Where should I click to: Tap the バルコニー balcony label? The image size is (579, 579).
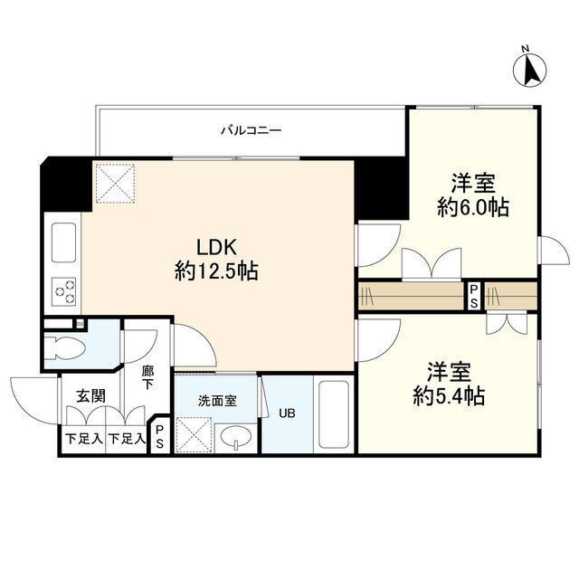coord(252,130)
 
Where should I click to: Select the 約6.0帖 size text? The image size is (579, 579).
coord(471,207)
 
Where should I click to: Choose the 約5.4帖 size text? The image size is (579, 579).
coord(450,396)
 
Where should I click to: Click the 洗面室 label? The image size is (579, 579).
coord(217,398)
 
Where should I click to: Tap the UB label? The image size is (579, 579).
coord(287,414)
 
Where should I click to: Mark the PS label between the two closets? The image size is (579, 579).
coord(473,296)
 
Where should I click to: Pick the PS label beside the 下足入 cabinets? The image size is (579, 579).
coord(159,438)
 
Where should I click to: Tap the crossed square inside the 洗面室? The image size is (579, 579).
coord(193,432)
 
